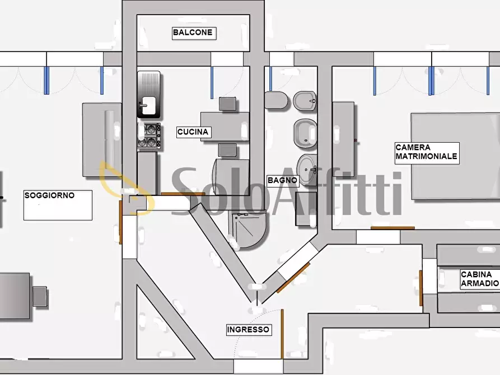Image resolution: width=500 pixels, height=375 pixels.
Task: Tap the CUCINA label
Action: pos(194,132)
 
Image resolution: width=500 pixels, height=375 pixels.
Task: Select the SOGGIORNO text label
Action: pos(49,195)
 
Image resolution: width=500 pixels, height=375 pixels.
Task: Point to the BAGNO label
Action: pos(283,180)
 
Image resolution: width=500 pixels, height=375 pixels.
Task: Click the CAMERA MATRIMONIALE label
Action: pos(427,152)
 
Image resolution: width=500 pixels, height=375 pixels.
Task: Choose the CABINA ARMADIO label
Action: pos(480,279)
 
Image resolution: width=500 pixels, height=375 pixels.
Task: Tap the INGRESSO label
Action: pos(249,330)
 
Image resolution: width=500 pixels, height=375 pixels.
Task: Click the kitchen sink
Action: pos(148,95)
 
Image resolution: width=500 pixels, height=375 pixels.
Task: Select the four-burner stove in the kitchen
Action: pos(149,136)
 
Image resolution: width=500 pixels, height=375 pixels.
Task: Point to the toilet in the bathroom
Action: pos(276,100)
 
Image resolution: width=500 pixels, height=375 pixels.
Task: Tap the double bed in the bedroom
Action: pos(456,156)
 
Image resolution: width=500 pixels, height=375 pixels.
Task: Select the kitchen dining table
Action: pos(225,126)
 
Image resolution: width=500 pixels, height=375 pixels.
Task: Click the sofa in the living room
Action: pos(102,140)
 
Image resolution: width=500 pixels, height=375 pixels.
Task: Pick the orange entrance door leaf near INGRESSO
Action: pos(282,334)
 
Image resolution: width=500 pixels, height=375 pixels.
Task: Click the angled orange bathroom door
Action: pos(293,278)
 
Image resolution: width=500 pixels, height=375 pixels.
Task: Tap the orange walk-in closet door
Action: pos(421,288)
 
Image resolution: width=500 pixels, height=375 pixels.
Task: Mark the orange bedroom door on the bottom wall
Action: pos(392,228)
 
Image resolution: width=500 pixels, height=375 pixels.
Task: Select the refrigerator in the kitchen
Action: pos(231,177)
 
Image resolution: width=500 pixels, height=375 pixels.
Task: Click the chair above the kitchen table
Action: pos(228,104)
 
